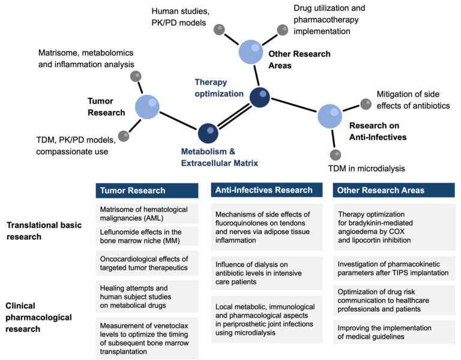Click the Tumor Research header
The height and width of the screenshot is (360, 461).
tap(146, 191)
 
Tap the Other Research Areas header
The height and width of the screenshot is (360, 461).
tap(394, 190)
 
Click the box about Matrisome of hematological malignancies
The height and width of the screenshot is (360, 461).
tap(146, 214)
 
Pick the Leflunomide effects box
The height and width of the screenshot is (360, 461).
tap(146, 236)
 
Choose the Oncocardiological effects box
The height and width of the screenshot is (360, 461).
tap(146, 263)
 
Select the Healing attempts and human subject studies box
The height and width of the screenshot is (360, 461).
tap(146, 296)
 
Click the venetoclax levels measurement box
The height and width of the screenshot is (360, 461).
tap(146, 339)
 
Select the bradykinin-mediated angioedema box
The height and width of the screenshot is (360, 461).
tap(394, 227)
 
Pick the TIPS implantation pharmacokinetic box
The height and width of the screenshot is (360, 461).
tap(394, 268)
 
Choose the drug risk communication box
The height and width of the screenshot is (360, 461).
tap(394, 301)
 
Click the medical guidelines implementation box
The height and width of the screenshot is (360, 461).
tap(394, 332)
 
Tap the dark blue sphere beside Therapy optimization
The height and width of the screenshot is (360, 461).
tap(259, 97)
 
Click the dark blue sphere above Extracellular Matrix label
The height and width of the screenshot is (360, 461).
tap(208, 133)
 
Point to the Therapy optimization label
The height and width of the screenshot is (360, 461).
tap(219, 88)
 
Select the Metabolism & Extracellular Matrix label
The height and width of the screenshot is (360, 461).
tap(220, 157)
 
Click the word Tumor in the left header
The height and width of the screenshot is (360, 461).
tap(113, 191)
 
